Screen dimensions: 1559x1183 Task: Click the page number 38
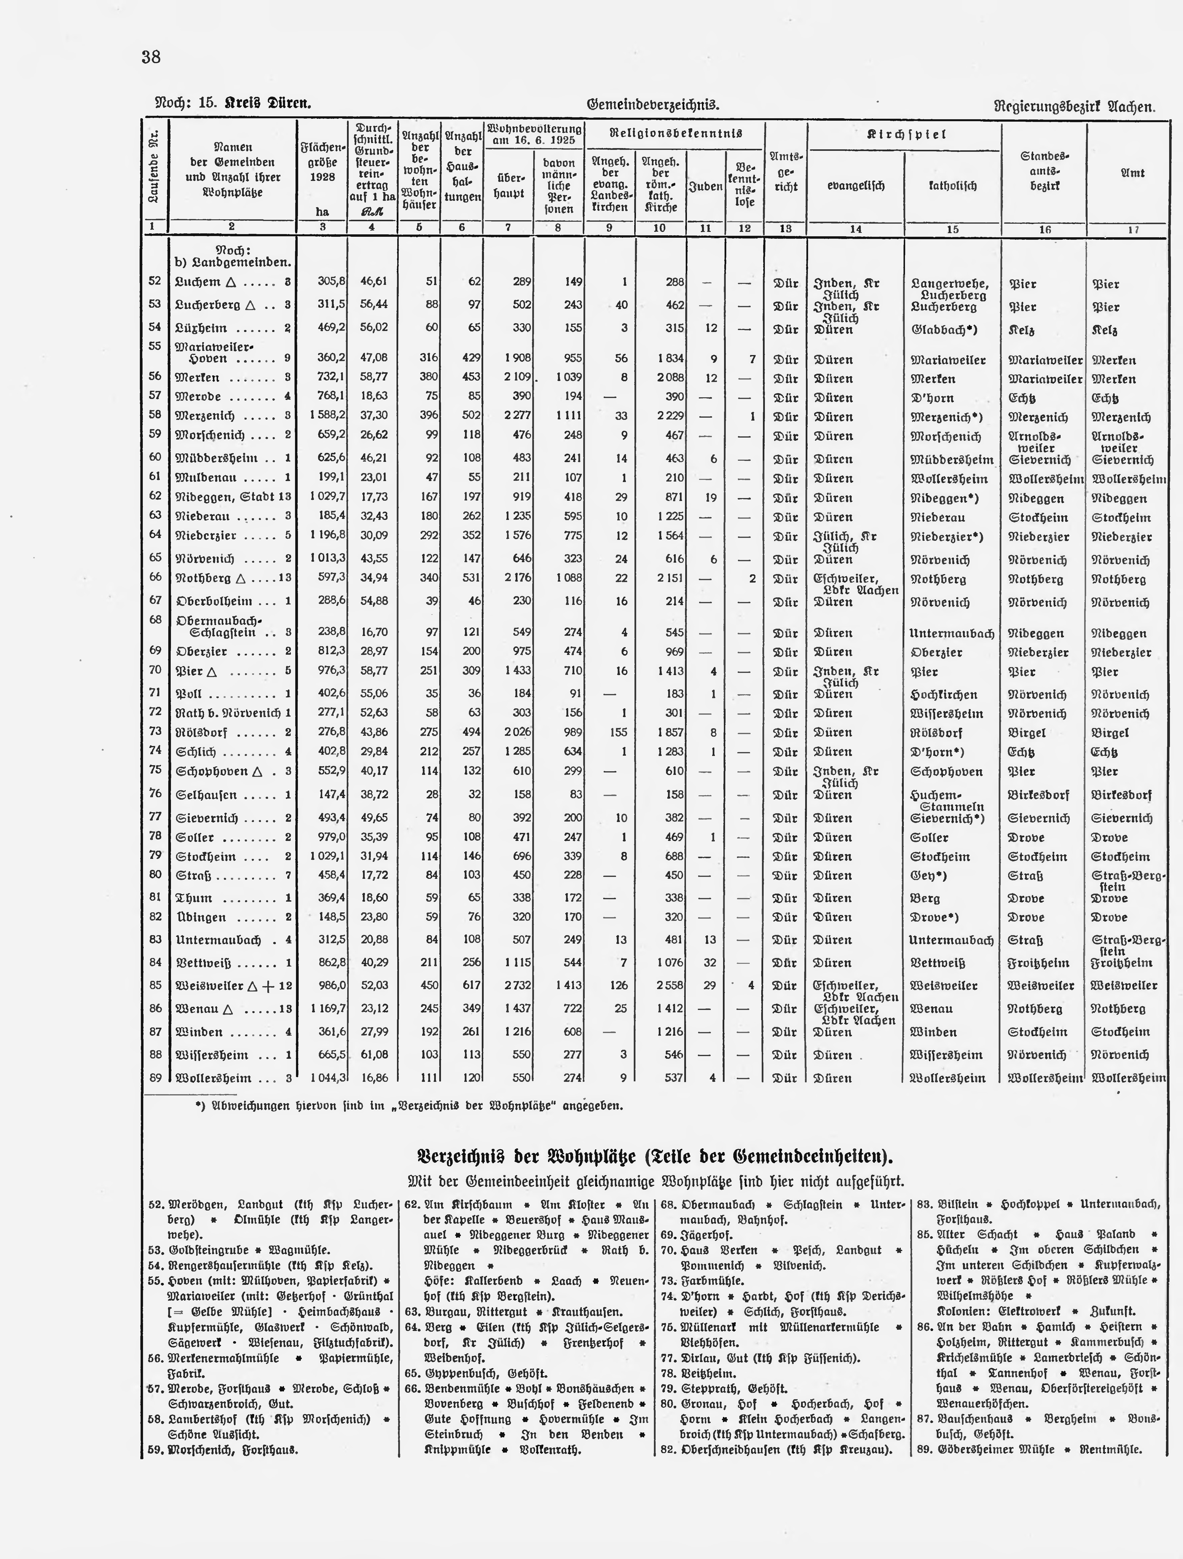pos(152,57)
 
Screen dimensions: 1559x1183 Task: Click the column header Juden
pos(705,186)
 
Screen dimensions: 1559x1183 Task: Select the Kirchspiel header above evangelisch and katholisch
pos(905,134)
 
